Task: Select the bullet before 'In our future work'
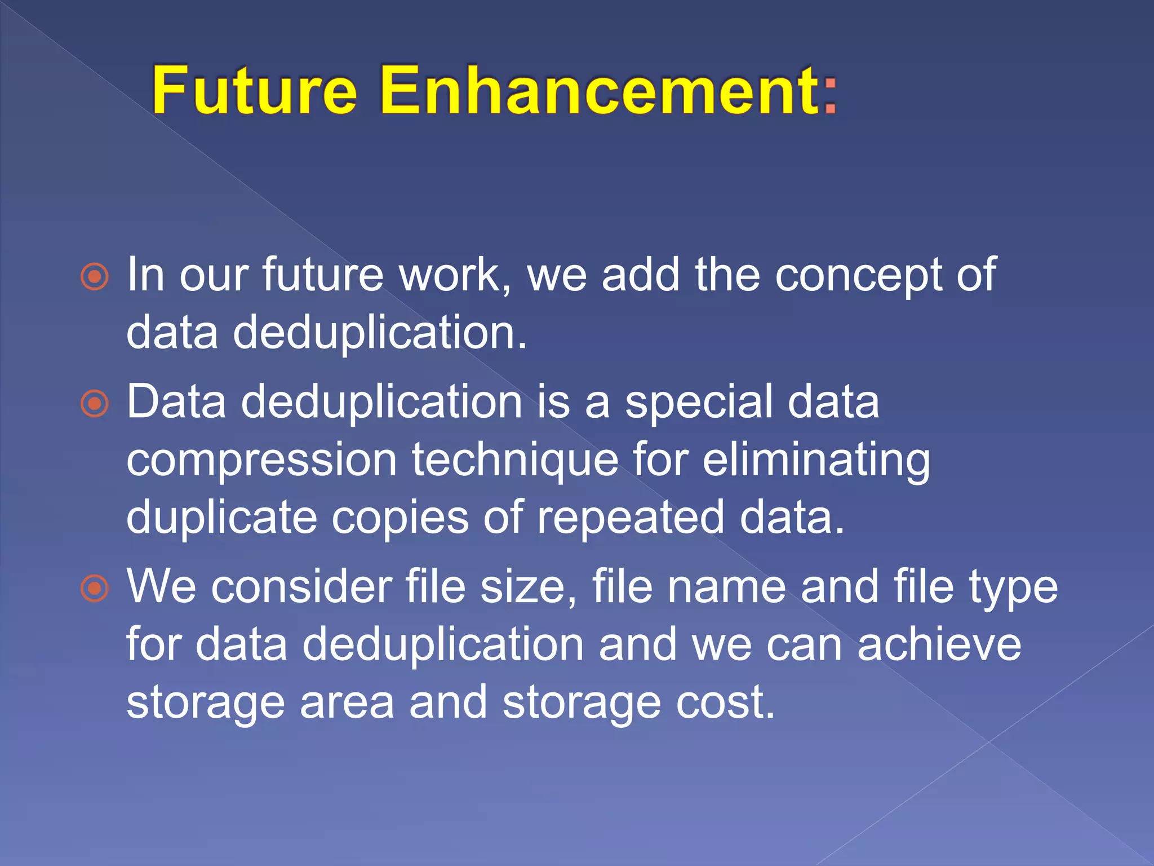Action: pos(95,277)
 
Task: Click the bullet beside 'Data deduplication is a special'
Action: pos(95,404)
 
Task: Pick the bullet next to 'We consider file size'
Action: pos(95,588)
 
